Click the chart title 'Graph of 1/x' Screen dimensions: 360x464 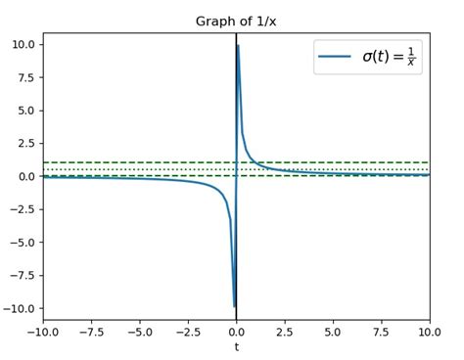pos(236,22)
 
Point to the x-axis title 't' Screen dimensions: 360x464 pos(236,346)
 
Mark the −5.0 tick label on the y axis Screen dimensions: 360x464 pos(24,243)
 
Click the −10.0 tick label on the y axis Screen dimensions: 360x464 pos(22,308)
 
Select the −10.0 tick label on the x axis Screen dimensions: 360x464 pos(43,331)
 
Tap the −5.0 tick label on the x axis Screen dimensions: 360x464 pos(140,331)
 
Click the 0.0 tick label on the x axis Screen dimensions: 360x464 pos(236,331)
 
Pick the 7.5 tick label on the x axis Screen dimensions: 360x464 pos(382,331)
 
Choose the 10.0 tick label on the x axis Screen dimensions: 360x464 pos(429,331)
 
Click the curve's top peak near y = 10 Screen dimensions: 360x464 pos(238,46)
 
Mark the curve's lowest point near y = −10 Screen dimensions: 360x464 pos(234,306)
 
